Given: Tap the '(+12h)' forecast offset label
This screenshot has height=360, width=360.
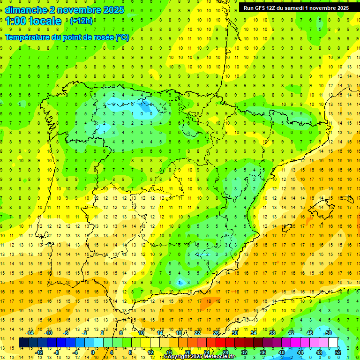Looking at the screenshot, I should [81, 21].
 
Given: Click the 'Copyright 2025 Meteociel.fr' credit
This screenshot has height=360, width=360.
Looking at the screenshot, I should [200, 357].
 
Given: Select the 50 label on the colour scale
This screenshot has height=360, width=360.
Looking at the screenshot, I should [329, 333].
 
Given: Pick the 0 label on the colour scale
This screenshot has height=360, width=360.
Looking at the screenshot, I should [93, 352].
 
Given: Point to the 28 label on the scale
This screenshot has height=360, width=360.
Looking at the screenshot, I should [225, 352].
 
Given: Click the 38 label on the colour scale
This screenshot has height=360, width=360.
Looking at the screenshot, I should [272, 333].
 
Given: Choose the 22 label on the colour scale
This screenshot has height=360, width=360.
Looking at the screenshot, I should [197, 333].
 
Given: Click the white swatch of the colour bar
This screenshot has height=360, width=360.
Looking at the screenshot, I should [333, 343].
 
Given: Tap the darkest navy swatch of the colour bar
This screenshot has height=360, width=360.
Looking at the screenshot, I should [23, 343].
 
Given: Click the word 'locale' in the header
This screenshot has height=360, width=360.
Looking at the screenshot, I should [45, 21].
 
